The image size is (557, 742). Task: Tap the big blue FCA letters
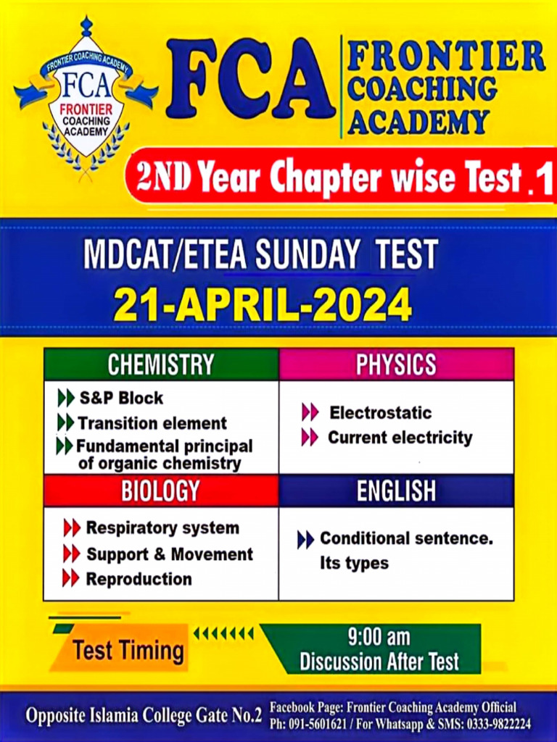coord(250,80)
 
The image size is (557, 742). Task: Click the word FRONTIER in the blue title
coord(445,57)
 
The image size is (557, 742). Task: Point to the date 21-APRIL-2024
coord(263,305)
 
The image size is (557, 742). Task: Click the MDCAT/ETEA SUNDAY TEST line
coord(260,255)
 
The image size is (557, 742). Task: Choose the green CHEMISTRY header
coord(161,364)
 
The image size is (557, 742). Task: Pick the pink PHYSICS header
coord(396,364)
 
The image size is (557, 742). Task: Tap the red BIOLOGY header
coord(160,491)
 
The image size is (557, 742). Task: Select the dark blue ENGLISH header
coord(396,491)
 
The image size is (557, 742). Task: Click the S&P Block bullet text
coord(120,398)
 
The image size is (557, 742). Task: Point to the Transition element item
coord(152,423)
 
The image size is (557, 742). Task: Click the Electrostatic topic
coord(380,413)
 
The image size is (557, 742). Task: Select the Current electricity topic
coord(400,438)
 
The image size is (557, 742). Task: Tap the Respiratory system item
coord(162,528)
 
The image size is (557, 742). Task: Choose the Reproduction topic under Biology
coord(139,579)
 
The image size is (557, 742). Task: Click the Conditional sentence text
coord(406,538)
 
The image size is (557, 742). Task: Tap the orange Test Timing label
coord(128,650)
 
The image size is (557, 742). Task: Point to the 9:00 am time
coord(379,638)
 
